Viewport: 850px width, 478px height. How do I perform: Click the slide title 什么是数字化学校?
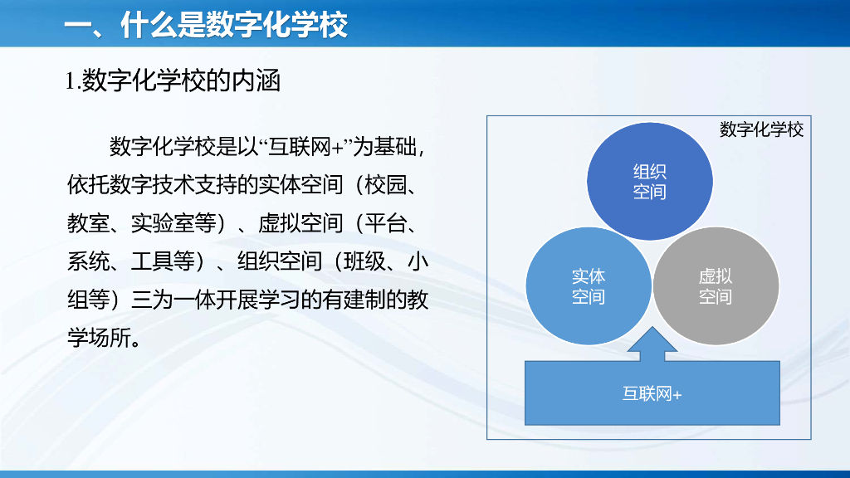pos(234,24)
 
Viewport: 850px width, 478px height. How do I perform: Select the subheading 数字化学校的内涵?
pos(181,81)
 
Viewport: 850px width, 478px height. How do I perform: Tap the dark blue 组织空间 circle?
pos(649,181)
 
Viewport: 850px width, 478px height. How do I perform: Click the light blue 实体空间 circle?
pos(589,286)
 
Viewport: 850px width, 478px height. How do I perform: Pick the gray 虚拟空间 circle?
pos(716,286)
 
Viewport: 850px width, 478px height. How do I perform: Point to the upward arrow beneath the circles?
pos(652,344)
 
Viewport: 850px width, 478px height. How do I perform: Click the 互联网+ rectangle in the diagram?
pos(652,393)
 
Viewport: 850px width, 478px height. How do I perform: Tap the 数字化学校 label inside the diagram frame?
pos(761,129)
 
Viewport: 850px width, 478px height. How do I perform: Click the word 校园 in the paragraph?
pos(385,185)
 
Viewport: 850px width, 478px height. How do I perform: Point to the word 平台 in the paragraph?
pos(385,223)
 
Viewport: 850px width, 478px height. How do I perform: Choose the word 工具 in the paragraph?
pos(153,261)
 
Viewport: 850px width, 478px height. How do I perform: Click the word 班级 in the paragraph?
pos(364,261)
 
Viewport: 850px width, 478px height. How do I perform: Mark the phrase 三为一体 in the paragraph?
pos(173,300)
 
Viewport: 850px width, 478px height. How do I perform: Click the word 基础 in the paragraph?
pos(396,147)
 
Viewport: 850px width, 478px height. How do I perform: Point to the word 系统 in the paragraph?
pos(88,261)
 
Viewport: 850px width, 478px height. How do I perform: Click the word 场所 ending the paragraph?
pos(110,339)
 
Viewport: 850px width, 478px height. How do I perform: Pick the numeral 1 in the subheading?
pos(70,82)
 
